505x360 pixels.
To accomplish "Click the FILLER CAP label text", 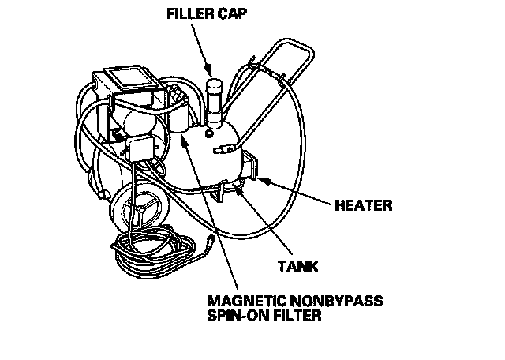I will tap(196, 13).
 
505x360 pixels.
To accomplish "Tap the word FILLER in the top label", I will tap(183, 13).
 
